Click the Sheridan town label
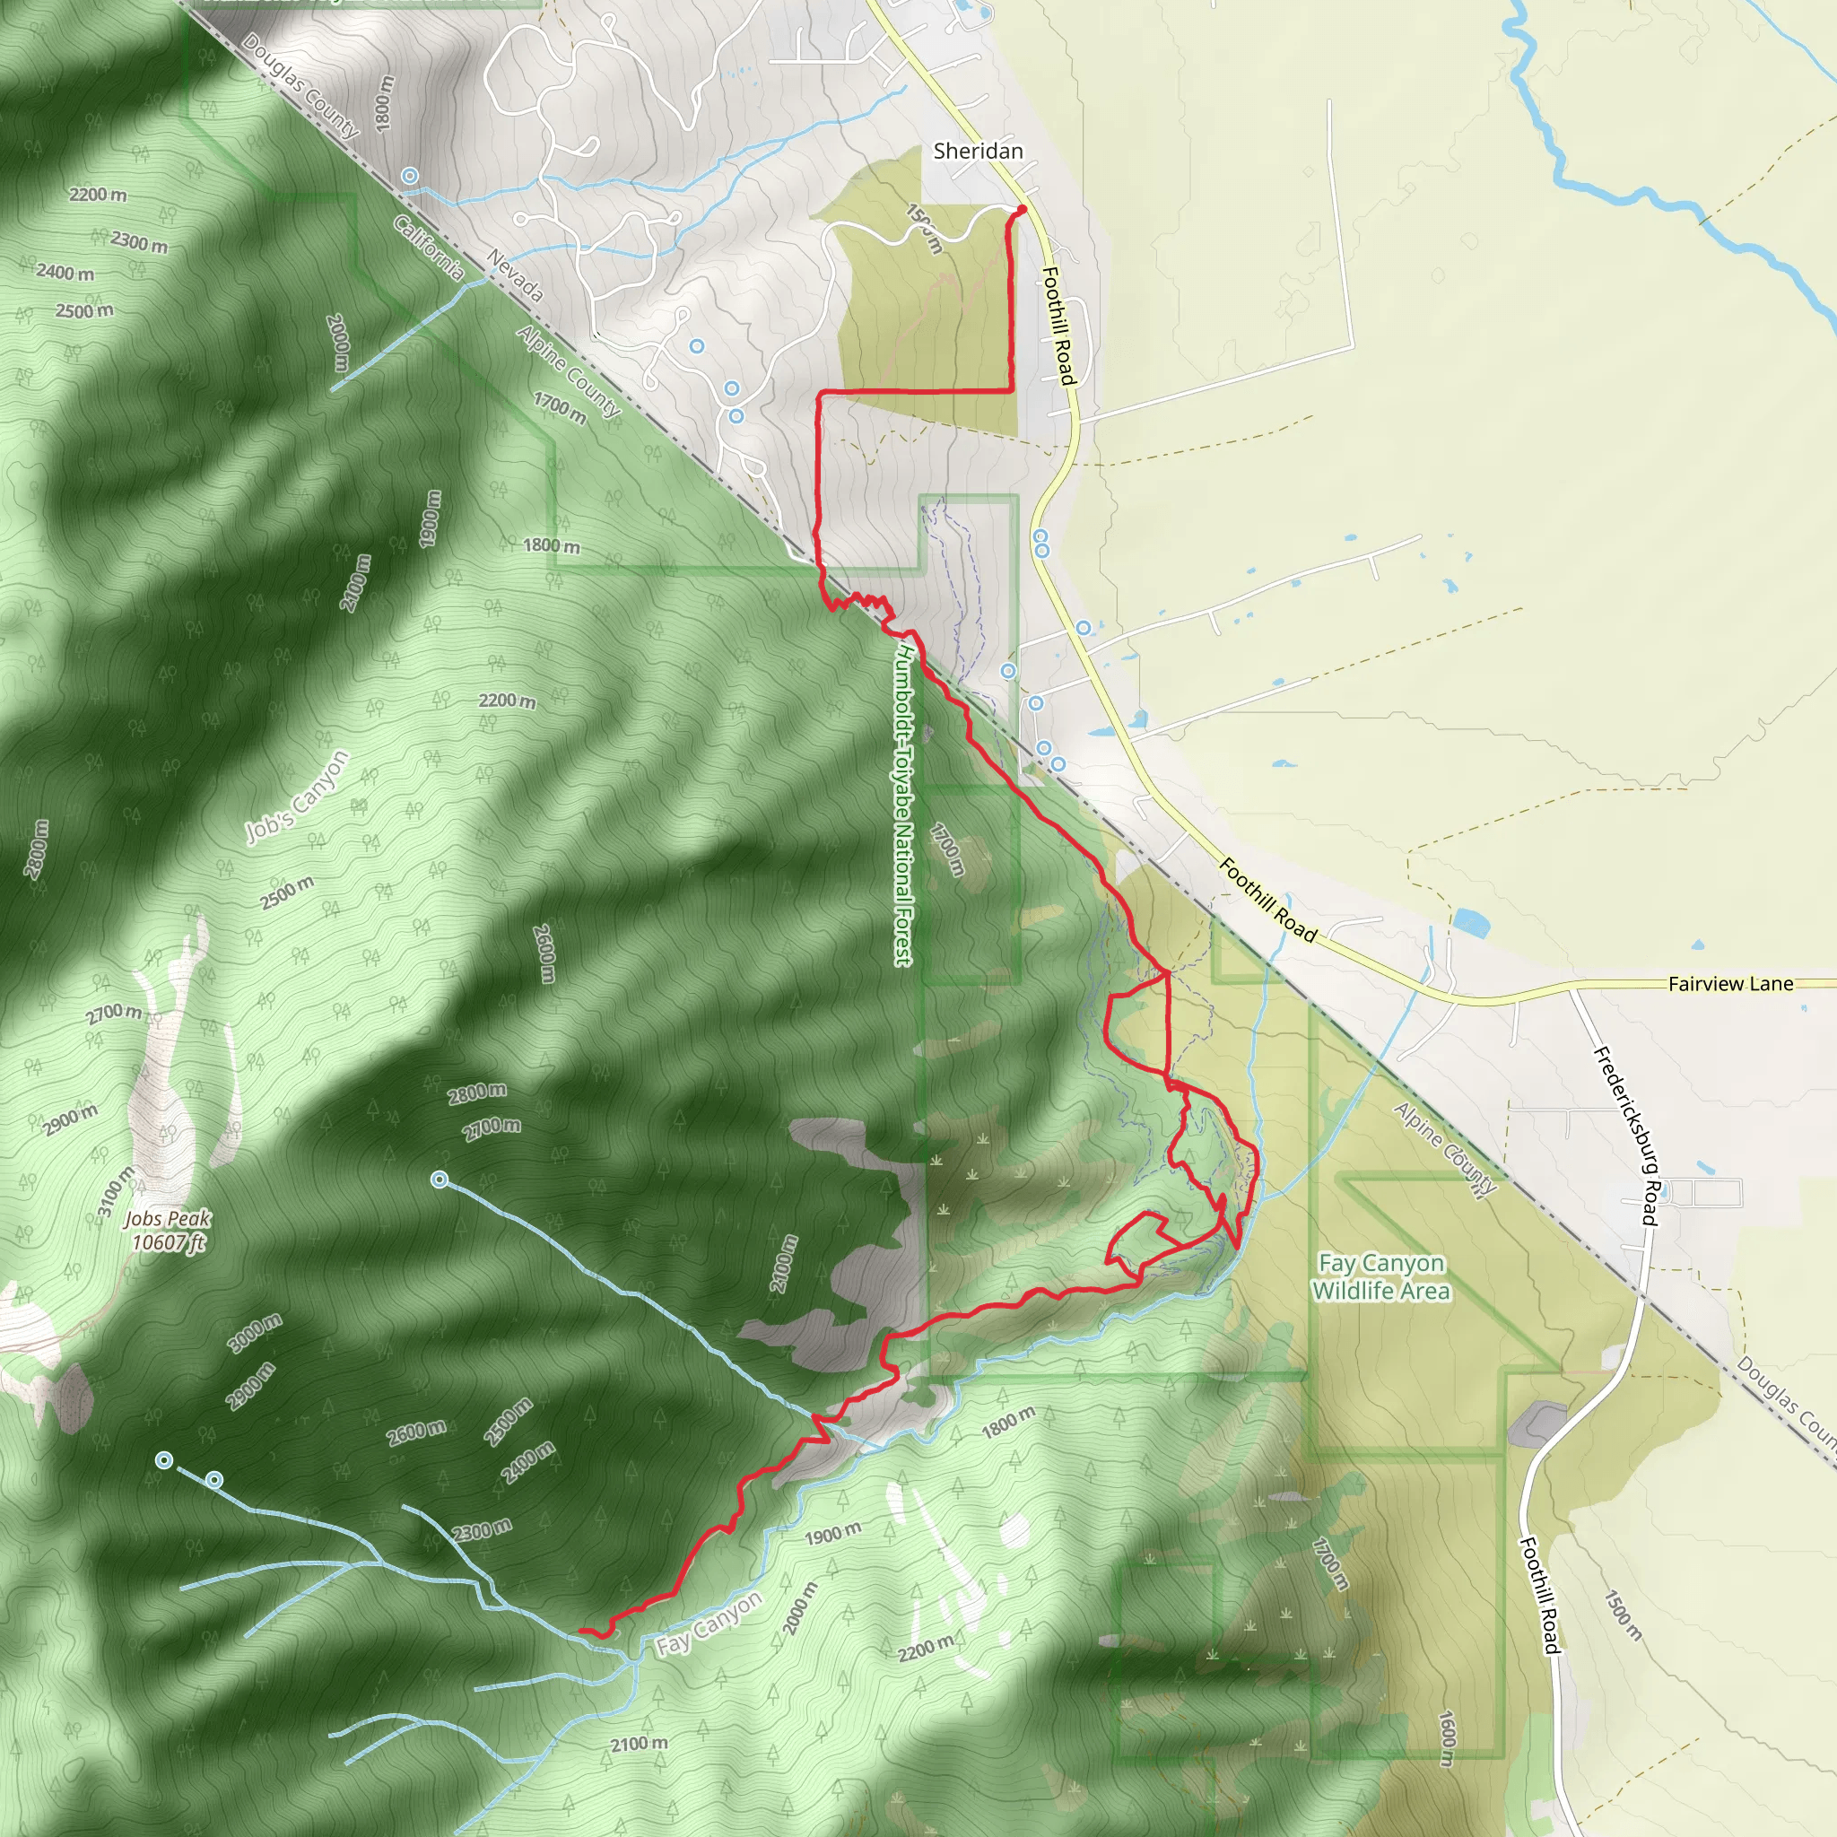pos(978,150)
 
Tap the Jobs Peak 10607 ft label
pos(168,1231)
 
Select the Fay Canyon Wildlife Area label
pos(1380,1276)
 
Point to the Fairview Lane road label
pos(1730,983)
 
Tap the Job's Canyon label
pos(298,797)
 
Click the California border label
pos(429,249)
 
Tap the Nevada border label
pos(514,275)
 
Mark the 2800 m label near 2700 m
pos(477,1093)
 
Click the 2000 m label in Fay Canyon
pos(798,1609)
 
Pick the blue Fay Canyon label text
pos(710,1622)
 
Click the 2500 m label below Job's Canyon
pos(287,892)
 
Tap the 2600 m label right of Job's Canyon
pos(543,953)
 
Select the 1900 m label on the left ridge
pos(431,518)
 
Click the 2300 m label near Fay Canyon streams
pos(481,1530)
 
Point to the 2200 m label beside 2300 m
pos(98,195)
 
